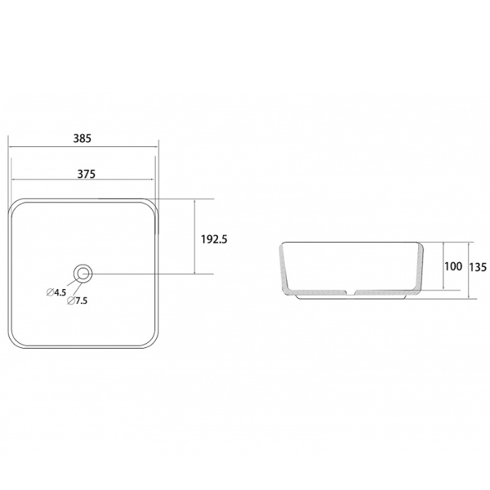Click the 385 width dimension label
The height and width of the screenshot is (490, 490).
[82, 139]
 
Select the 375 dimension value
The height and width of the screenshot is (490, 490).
[82, 173]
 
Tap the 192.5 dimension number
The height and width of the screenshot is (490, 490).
[213, 239]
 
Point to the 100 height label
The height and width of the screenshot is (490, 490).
[453, 267]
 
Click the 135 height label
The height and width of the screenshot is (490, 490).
[477, 267]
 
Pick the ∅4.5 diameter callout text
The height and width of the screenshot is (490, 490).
[56, 292]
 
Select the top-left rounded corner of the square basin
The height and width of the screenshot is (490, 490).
[17, 205]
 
